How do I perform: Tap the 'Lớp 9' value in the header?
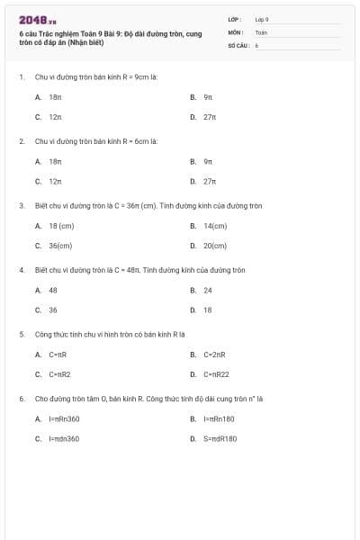pos(262,19)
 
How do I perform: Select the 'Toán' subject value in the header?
pos(261,31)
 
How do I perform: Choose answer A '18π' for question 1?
pos(55,96)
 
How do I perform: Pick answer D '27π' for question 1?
pos(210,117)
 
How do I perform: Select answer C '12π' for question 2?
pos(55,181)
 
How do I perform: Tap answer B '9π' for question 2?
pos(208,161)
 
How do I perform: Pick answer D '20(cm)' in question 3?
pos(214,246)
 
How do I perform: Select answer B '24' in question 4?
pos(208,290)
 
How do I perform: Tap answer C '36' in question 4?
pos(53,310)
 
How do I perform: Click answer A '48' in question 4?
pos(53,290)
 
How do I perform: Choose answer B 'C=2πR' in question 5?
pos(213,354)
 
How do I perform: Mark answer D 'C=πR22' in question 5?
pos(216,374)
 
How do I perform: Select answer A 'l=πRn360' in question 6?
pos(64,418)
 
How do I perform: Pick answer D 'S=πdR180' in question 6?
pos(220,438)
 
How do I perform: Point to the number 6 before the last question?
pos(21,398)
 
